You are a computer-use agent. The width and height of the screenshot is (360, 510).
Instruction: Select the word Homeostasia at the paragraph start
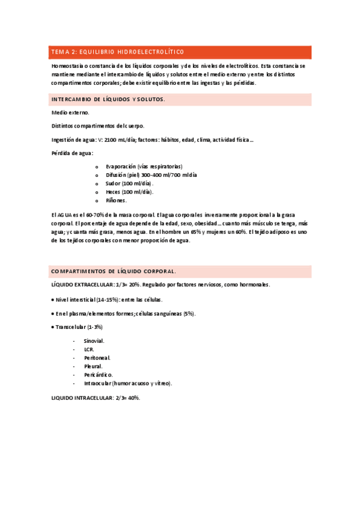[x=68, y=65]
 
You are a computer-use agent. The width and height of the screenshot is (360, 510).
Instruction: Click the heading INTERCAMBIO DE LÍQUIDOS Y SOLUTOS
[x=108, y=99]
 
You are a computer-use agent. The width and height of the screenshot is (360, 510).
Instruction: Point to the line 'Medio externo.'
[x=71, y=112]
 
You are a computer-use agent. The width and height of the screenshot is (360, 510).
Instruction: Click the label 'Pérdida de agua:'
[x=73, y=153]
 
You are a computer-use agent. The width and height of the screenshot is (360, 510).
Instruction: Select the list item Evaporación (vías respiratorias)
[x=144, y=166]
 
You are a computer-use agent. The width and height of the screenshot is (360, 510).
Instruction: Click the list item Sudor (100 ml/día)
[x=129, y=183]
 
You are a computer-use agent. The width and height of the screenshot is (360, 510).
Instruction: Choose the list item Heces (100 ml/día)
[x=129, y=191]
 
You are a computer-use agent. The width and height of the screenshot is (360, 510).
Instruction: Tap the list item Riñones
[x=117, y=200]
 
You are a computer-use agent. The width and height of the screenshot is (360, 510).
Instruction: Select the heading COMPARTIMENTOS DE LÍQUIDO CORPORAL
[x=114, y=271]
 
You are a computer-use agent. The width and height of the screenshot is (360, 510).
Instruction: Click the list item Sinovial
[x=94, y=340]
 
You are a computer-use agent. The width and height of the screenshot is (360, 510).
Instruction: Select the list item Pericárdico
[x=98, y=374]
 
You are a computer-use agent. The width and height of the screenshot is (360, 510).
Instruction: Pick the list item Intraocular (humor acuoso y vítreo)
[x=128, y=382]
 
